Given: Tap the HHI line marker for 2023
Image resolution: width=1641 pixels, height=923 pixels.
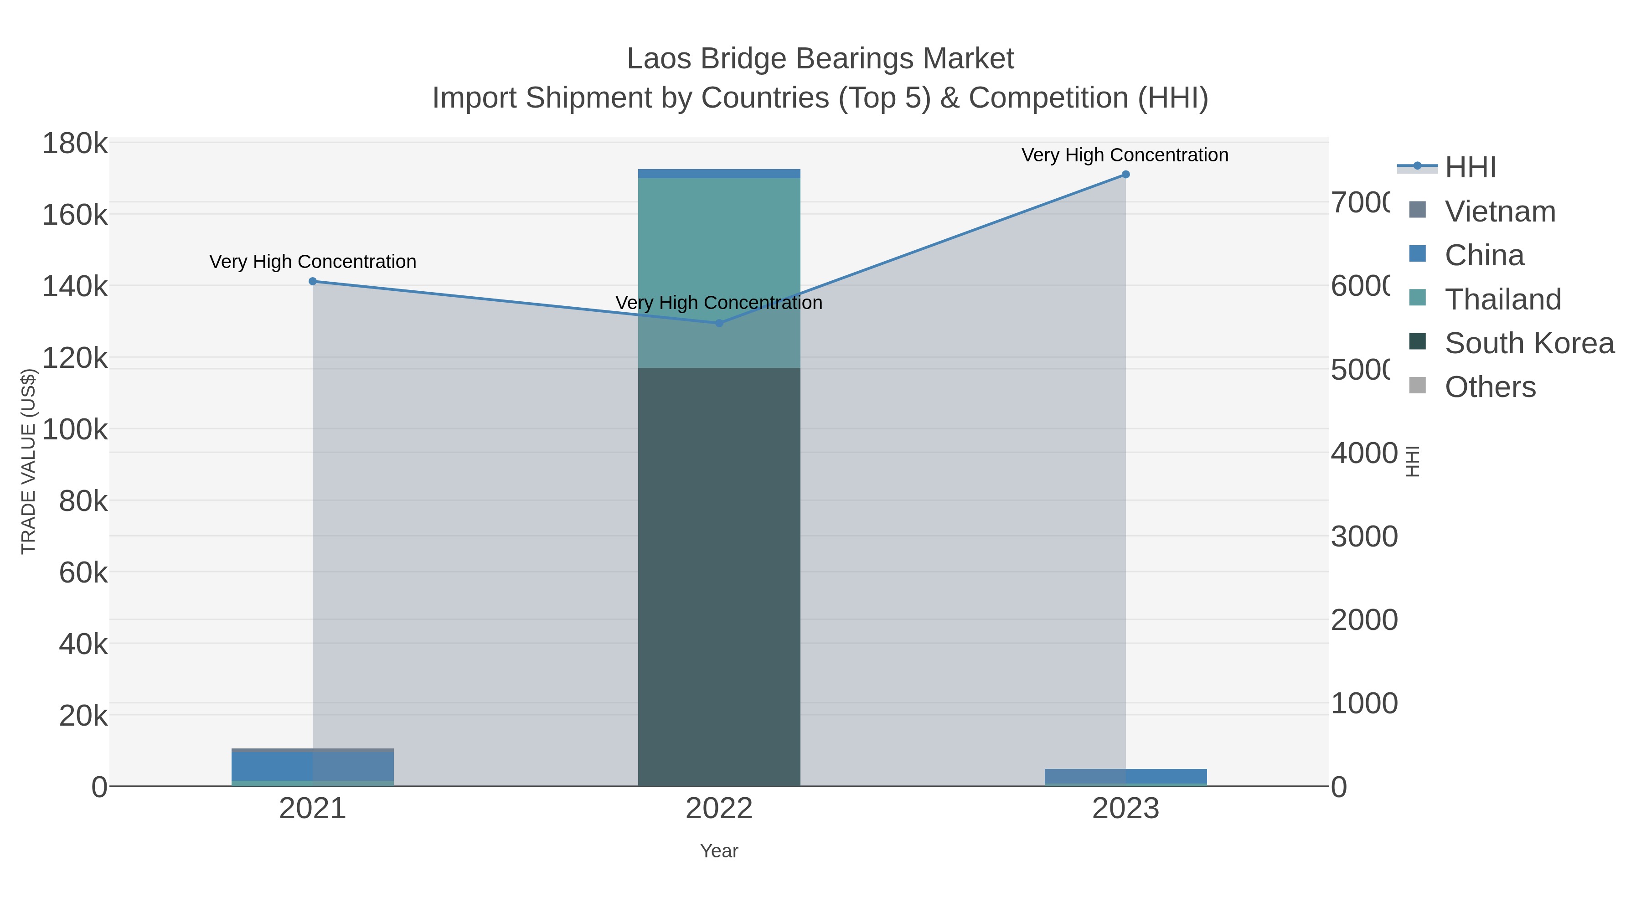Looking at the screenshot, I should [1125, 175].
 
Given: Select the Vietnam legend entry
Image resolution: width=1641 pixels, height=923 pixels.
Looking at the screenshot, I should [1500, 211].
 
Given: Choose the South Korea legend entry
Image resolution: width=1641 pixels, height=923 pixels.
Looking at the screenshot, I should [1529, 343].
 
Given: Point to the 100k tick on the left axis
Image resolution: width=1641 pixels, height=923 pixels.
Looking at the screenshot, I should [75, 430].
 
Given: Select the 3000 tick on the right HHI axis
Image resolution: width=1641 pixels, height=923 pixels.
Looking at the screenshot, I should [1364, 537].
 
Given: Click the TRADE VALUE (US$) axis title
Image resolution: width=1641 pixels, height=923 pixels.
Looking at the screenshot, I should [29, 461].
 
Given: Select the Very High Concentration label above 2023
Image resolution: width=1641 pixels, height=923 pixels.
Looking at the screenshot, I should [1125, 155].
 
